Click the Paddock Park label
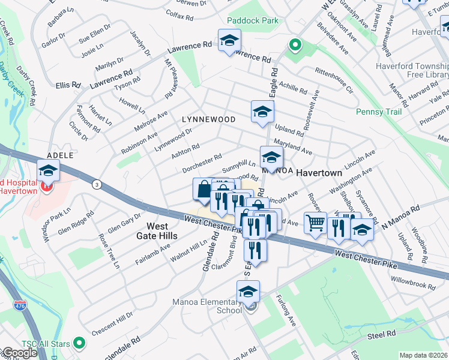[253, 20]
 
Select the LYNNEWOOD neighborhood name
[209, 119]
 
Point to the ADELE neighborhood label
[60, 155]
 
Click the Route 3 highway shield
[97, 185]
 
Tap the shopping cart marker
[315, 223]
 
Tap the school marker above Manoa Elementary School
[248, 292]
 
